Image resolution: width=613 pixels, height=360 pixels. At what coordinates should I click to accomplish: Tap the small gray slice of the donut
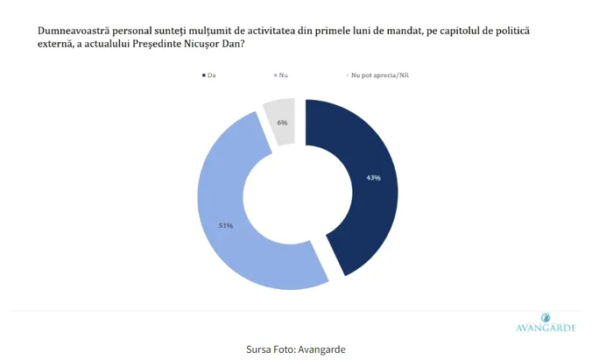281,120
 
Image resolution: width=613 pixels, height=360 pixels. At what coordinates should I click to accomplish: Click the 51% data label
225,225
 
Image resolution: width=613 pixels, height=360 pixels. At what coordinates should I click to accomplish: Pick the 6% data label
283,123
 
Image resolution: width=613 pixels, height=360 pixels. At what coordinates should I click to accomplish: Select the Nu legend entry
281,75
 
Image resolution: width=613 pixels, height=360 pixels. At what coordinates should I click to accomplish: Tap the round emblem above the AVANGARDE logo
546,316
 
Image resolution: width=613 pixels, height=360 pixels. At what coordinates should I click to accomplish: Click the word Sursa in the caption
262,349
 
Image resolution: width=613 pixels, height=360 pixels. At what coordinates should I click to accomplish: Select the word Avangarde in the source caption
321,349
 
